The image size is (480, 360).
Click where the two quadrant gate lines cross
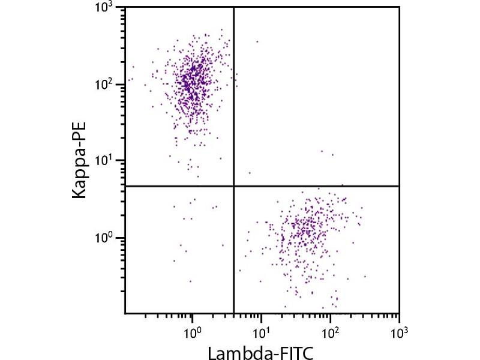pos(233,186)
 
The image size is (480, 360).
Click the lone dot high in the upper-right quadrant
pos(257,41)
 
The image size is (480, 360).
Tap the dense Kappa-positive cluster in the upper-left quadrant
pos(192,81)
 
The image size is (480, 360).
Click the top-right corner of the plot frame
pos(399,8)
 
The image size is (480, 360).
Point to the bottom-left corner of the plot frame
pos(125,313)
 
